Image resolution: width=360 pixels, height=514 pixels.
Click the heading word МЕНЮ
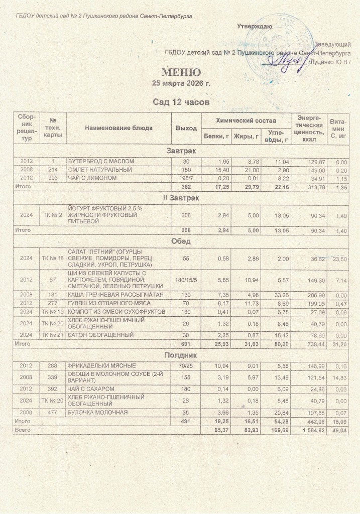coord(181,72)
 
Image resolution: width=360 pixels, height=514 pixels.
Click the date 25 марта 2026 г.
coord(181,83)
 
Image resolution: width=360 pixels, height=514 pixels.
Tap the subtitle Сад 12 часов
coord(181,102)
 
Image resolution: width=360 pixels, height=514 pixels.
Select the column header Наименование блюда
coord(118,128)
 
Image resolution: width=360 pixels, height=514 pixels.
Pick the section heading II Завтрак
coord(181,199)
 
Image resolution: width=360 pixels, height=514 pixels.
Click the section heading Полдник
coord(181,355)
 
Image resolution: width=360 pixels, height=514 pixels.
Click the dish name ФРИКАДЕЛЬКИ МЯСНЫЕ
coord(102,365)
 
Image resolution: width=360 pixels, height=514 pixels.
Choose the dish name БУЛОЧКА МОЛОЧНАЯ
coord(98,412)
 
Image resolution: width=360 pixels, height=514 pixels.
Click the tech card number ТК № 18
coord(53,258)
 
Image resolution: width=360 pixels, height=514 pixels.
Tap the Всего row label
coord(23,430)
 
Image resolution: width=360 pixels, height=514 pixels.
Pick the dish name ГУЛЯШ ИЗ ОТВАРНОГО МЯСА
coord(106,303)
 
